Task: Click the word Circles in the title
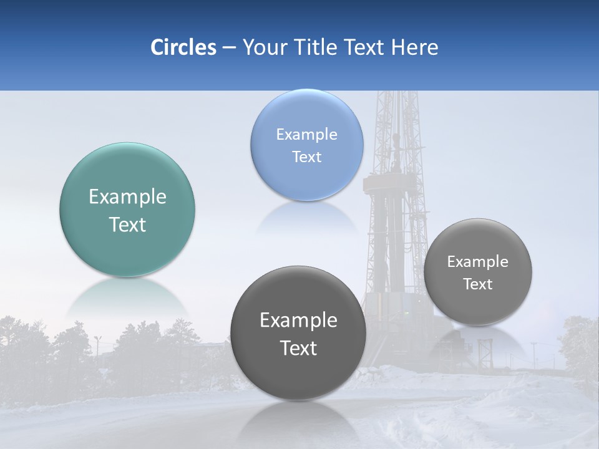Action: tap(183, 47)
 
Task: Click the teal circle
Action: tap(127, 249)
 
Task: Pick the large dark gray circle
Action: tap(298, 374)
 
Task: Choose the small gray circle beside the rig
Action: tap(478, 306)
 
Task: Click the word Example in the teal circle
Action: tap(127, 197)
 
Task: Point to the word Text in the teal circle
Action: tap(127, 224)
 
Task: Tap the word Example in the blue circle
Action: tap(306, 135)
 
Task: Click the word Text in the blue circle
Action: tap(306, 157)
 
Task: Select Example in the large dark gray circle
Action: tap(298, 321)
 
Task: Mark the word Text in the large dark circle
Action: tap(298, 348)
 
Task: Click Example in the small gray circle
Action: tap(478, 262)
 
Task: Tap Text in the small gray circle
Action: tap(478, 284)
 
